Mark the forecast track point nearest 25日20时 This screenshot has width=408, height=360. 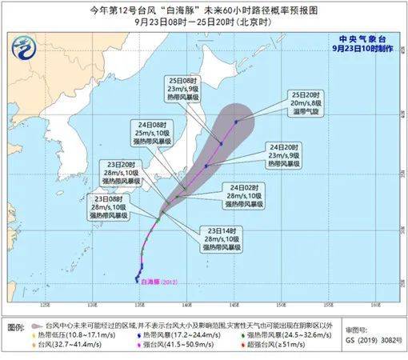pyautogui.click(x=237, y=122)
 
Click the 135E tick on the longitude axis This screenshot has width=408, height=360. pyautogui.click(x=140, y=306)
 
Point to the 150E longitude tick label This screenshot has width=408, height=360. pyautogui.click(x=281, y=306)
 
